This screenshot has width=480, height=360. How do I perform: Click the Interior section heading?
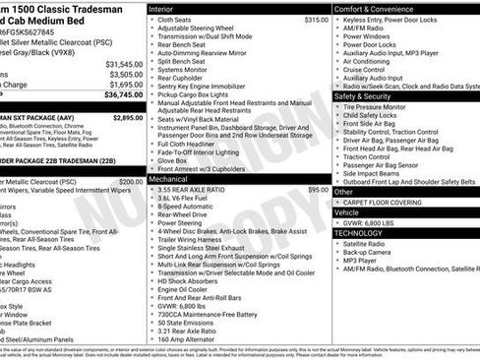(x=168, y=8)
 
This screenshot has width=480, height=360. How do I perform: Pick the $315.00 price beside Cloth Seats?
(x=316, y=20)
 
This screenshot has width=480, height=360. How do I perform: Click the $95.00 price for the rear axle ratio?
(x=319, y=190)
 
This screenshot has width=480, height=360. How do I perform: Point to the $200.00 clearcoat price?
(x=131, y=182)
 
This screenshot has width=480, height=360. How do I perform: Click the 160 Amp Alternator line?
(x=192, y=338)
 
